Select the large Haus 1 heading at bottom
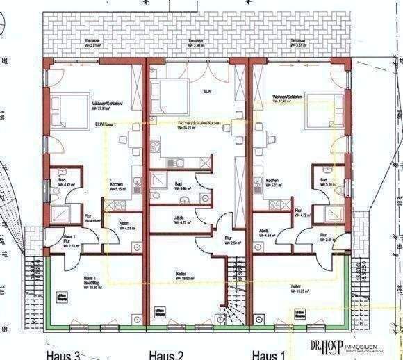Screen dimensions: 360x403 [268, 354]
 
